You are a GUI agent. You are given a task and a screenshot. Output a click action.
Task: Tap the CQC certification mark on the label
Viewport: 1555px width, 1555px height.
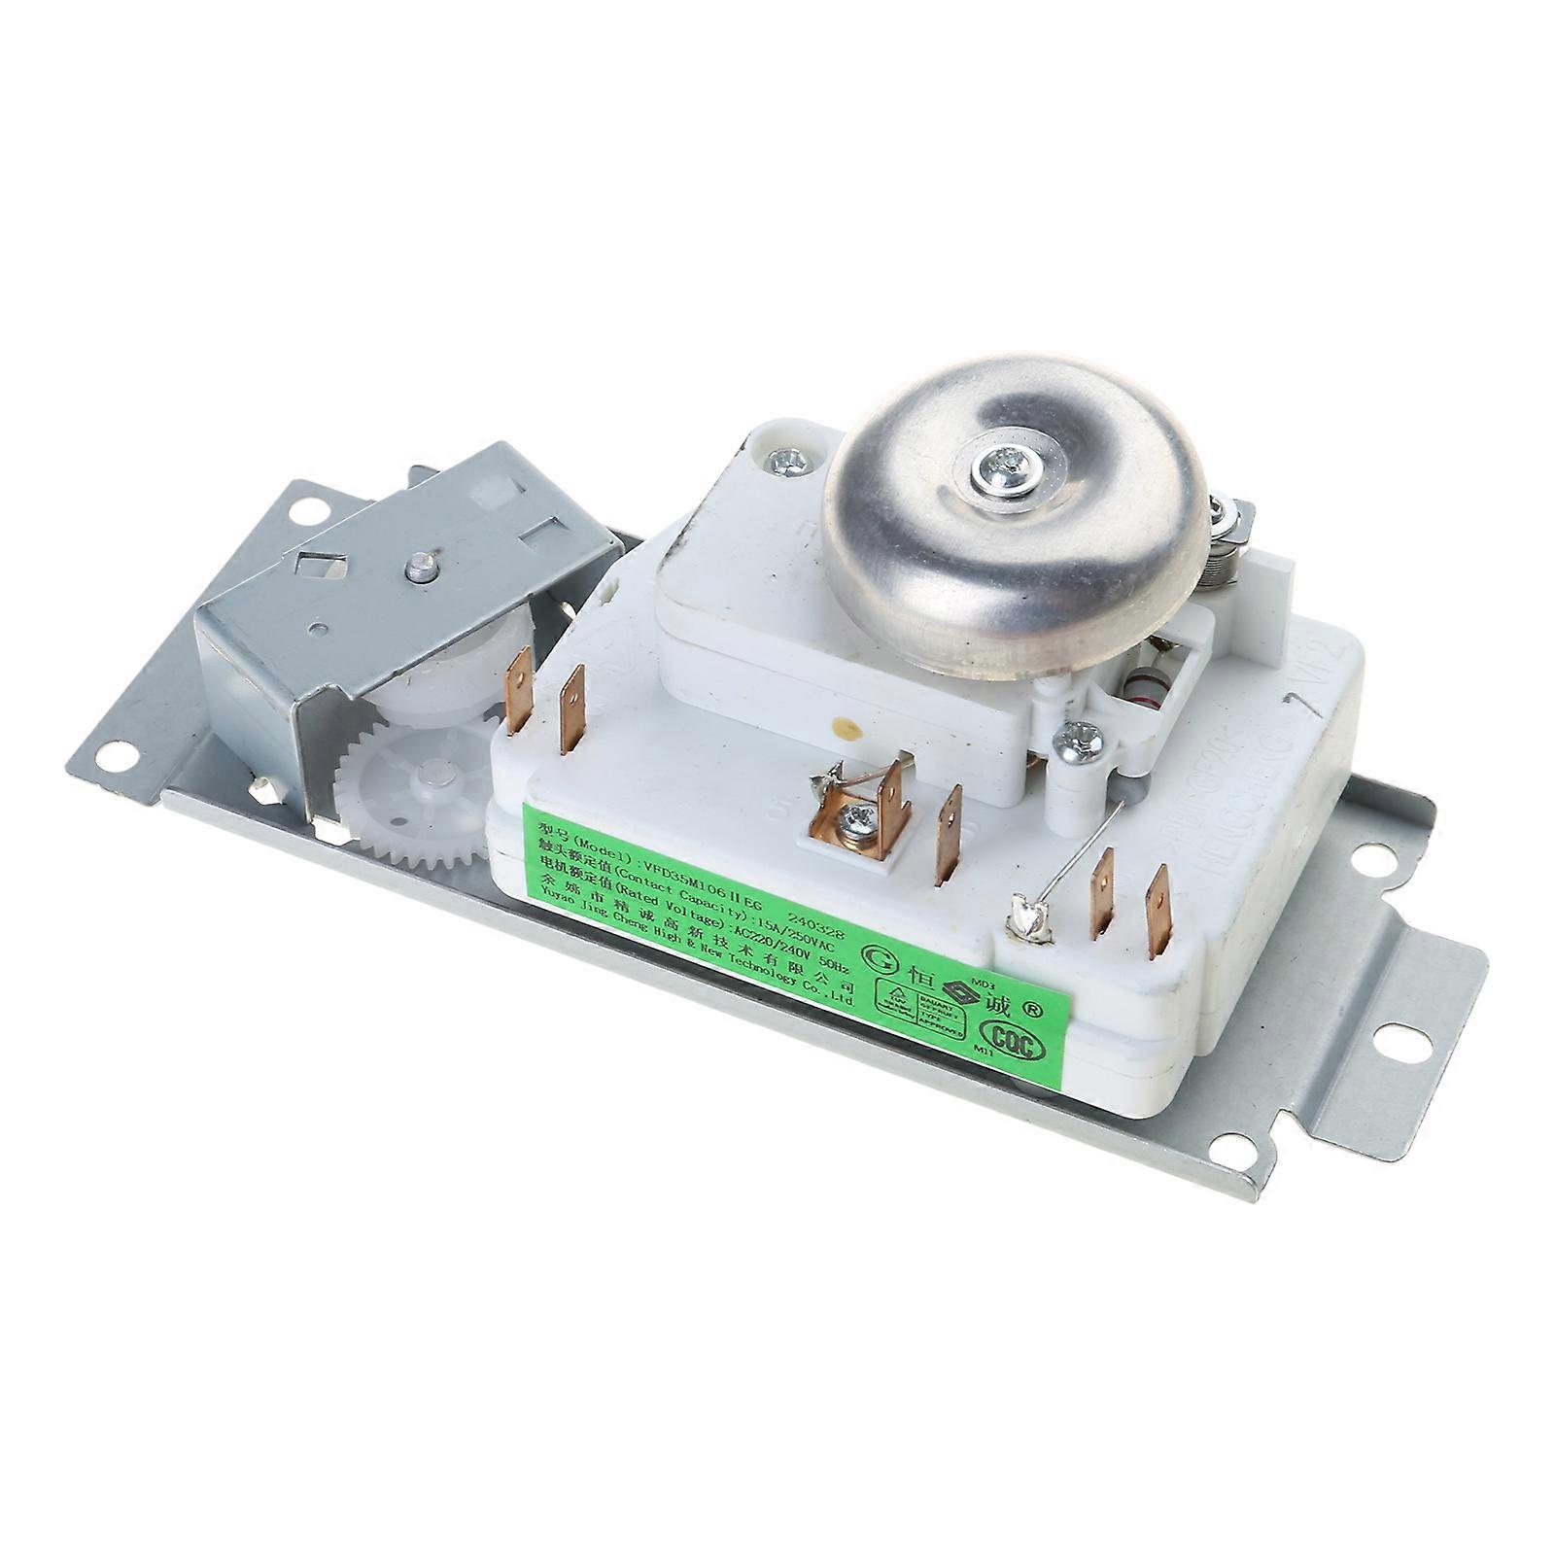click(1016, 1044)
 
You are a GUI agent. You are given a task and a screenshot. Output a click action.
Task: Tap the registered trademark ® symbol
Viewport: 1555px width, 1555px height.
click(1032, 1010)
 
